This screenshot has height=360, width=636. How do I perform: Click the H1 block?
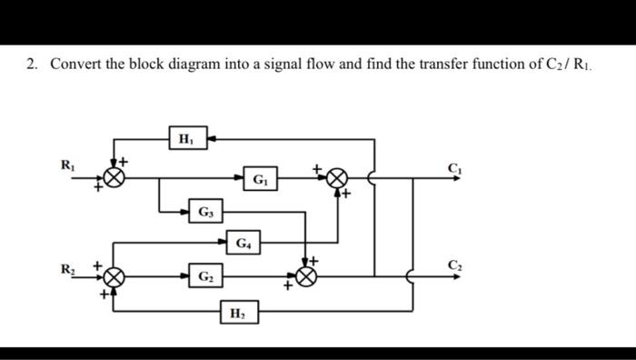point(185,139)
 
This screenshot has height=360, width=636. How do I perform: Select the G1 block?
point(261,178)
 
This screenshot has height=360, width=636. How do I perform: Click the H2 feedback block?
point(238,314)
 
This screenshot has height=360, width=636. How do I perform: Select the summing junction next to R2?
point(114,276)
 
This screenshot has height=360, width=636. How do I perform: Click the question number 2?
point(32,65)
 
